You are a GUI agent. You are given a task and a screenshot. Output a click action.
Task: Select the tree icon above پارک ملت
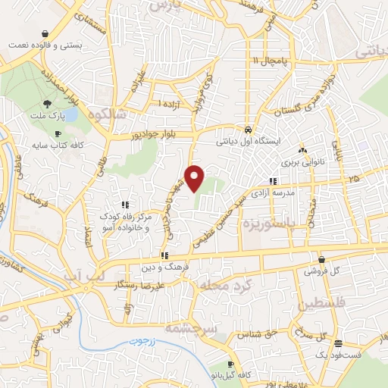47,105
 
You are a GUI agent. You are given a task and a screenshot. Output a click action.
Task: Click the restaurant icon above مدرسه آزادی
274,181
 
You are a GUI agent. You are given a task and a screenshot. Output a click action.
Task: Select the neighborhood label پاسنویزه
268,224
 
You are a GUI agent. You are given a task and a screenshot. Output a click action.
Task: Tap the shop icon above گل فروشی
321,258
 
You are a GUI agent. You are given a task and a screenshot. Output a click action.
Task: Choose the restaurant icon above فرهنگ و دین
164,255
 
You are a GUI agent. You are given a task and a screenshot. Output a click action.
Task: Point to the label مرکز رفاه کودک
125,217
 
